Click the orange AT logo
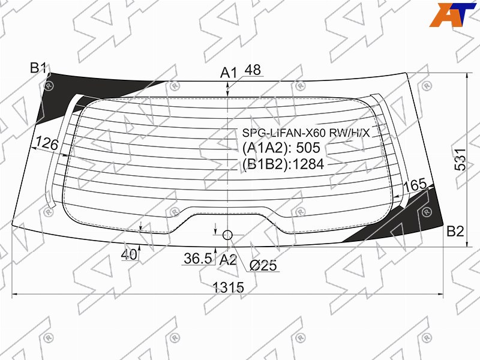[x=453, y=14]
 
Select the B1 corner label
[x=38, y=68]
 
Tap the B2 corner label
[x=455, y=232]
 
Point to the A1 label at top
[x=229, y=73]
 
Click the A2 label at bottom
[x=228, y=260]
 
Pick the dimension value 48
[x=253, y=70]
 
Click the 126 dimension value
[x=47, y=143]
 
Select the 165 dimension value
[x=415, y=185]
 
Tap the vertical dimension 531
[x=460, y=160]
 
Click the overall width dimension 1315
[x=229, y=287]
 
